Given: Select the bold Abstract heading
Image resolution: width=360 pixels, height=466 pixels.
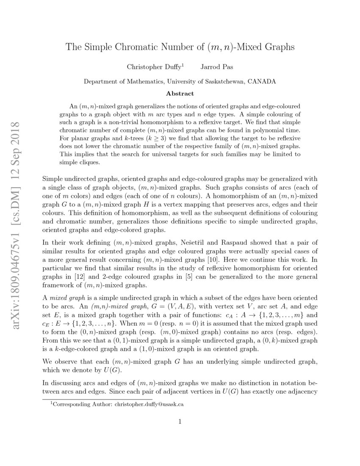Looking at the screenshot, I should (180, 94).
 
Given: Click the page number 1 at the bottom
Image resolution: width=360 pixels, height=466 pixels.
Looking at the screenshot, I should (180, 421).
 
